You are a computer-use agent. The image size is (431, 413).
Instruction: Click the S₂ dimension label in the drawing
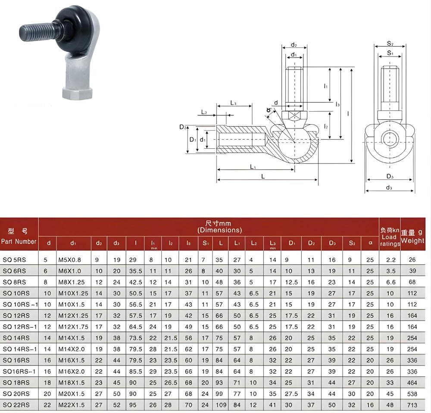tap(390, 44)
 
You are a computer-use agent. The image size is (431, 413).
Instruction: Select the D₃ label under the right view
tap(390, 176)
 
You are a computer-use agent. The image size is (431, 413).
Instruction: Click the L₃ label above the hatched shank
tap(233, 103)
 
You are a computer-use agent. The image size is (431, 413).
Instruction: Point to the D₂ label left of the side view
tap(182, 127)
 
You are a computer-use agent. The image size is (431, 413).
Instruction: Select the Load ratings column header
tap(389, 237)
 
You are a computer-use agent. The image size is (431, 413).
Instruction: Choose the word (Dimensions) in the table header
tap(220, 230)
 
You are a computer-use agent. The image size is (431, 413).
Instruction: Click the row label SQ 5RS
tap(14, 260)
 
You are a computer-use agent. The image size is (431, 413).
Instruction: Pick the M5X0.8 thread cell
tap(69, 260)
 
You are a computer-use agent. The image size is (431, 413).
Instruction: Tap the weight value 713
tap(412, 405)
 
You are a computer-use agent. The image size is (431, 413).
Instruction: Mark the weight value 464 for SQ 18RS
tap(412, 383)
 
